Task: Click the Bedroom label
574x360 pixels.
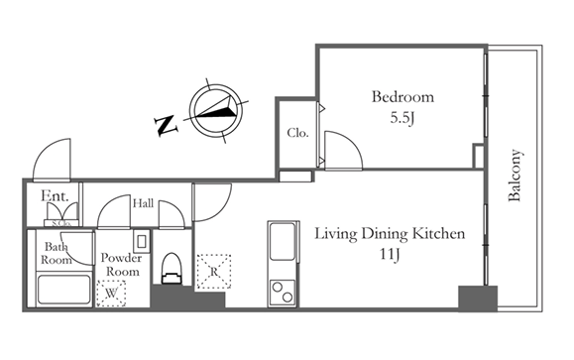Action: click(402, 96)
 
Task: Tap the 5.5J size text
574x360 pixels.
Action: click(402, 118)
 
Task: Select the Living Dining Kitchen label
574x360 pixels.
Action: click(390, 234)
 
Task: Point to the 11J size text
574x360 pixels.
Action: click(390, 254)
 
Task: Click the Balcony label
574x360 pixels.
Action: click(515, 176)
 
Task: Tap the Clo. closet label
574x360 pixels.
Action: click(297, 133)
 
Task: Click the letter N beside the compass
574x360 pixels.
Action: click(167, 126)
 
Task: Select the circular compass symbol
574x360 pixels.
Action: click(216, 110)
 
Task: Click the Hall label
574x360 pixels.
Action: click(143, 203)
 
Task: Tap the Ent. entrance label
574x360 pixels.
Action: click(55, 196)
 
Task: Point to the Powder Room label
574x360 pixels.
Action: click(121, 265)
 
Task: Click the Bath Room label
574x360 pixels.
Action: click(56, 253)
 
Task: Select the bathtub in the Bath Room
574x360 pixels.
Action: click(64, 290)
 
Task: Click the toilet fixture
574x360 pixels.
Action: click(172, 269)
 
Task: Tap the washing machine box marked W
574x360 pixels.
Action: click(111, 293)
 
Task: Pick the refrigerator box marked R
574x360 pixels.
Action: click(214, 272)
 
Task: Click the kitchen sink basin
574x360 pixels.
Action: click(282, 242)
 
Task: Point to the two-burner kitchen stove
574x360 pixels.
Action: click(283, 293)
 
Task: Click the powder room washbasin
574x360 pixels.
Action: click(142, 241)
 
